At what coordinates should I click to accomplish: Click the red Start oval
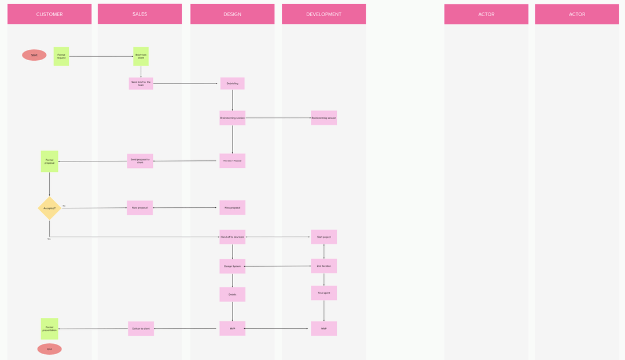tap(34, 55)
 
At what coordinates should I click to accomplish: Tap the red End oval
tap(49, 349)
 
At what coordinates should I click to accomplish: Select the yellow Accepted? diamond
tap(49, 208)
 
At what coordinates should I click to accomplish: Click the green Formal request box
tap(61, 56)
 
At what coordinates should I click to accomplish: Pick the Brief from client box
tap(141, 56)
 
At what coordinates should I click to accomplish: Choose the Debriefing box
tap(232, 83)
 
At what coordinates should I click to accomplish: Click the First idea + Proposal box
tap(232, 160)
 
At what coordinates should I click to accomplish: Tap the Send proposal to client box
tap(140, 161)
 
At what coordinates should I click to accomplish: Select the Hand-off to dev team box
tap(232, 237)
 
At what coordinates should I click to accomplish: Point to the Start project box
tap(323, 237)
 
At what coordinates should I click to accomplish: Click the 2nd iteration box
tap(323, 266)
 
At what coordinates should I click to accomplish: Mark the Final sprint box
tap(323, 293)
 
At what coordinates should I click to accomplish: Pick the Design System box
tap(232, 266)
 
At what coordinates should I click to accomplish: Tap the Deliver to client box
tap(141, 329)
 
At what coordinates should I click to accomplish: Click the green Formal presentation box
tap(49, 329)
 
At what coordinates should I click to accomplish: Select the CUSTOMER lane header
tap(49, 14)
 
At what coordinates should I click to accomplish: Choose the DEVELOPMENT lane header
tap(323, 14)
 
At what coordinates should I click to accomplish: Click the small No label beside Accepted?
tap(64, 205)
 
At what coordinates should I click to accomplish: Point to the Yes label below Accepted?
tap(49, 238)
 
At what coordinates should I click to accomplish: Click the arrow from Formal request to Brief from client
tap(101, 56)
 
